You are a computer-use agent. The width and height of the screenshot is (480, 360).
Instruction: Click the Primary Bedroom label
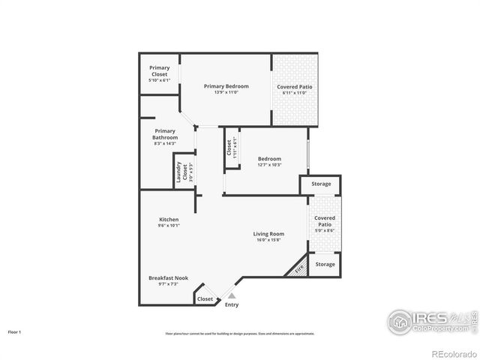[226, 86]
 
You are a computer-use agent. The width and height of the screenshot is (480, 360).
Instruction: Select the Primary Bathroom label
[165, 134]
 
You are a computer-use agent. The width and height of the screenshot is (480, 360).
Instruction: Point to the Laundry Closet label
[179, 173]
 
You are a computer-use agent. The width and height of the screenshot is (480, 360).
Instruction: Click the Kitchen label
[168, 219]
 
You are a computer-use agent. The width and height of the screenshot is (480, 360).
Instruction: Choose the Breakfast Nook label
[168, 277]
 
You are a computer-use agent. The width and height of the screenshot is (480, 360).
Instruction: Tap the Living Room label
[268, 234]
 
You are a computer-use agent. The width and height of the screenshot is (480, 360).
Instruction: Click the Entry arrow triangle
[231, 296]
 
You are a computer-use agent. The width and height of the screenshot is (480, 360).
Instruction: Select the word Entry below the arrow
[232, 304]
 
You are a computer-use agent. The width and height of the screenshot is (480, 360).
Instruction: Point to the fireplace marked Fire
[298, 268]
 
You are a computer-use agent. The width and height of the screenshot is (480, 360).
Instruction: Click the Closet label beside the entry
[204, 298]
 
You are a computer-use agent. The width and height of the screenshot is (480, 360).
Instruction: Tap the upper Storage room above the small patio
[321, 184]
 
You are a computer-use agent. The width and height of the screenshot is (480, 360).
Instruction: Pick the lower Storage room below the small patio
[325, 265]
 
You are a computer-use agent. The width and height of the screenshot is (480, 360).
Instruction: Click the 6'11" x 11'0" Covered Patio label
[295, 87]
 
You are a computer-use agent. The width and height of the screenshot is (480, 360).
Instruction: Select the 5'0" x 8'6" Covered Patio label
[325, 221]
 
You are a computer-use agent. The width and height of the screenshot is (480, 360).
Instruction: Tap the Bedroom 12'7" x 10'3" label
[269, 159]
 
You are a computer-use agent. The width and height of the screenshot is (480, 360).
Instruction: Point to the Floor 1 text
[14, 331]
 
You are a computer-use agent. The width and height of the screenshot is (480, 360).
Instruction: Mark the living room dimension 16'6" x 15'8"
[268, 240]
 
